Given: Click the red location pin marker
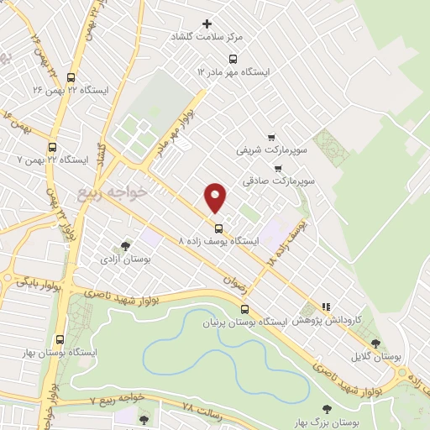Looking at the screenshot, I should point(216,197).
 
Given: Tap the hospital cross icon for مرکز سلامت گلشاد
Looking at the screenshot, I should point(208,24).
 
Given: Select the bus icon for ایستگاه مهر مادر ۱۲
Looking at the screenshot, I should point(233,59).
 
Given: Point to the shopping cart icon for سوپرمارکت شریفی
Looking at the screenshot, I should point(270,137).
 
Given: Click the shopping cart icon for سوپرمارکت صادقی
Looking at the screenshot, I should point(277,168).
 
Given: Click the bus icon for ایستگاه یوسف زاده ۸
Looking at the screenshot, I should point(218,228).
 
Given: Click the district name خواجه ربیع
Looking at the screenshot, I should point(112,192).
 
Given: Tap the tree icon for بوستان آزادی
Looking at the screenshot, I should point(125,246).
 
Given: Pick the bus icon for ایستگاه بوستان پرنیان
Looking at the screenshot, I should point(244,309).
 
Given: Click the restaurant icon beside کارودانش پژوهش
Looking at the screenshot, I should point(326,307).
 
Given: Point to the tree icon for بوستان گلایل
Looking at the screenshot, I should point(375,343).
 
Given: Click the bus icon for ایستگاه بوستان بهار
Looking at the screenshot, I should point(59,339).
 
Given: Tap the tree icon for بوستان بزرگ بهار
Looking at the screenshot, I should point(327,409).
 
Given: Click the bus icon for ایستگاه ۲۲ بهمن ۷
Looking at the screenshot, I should point(52,146).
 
